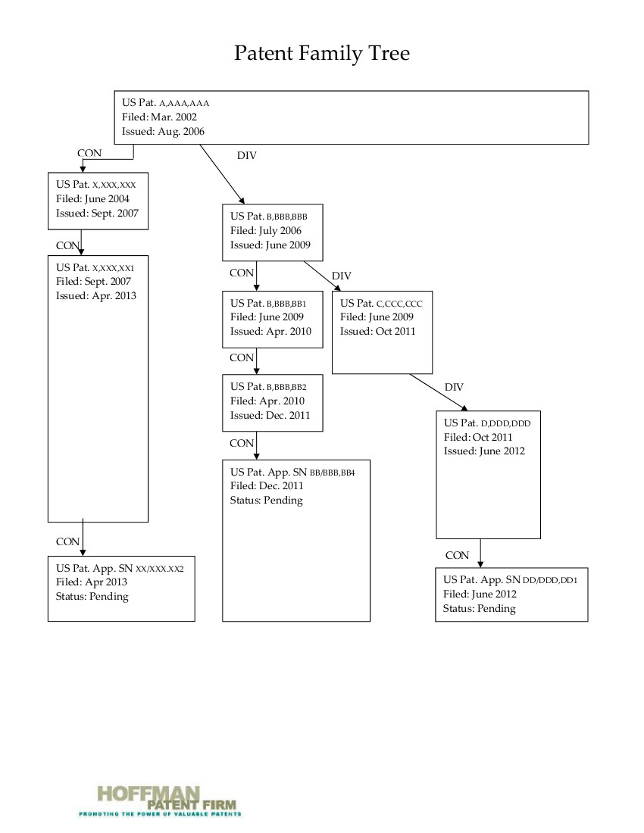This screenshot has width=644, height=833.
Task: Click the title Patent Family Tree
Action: coord(322,53)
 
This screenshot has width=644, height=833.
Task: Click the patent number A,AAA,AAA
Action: coord(185,103)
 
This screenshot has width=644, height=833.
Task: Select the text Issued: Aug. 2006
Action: coord(163,131)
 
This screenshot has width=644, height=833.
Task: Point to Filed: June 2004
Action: coord(92,198)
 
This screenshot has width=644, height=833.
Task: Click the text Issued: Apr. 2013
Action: coord(96,295)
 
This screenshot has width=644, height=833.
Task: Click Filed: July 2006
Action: coord(266,230)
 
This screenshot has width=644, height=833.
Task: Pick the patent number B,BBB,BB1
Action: coord(286,304)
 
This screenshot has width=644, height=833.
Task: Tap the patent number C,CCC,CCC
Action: coord(399,304)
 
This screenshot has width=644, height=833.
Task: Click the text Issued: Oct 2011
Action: coord(378,331)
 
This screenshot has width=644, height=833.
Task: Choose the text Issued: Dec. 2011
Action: coord(270,415)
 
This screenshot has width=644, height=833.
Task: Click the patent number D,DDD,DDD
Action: coord(505,424)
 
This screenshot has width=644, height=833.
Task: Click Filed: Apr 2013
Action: coord(92,582)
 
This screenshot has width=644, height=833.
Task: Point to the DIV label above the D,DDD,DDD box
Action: coord(454,387)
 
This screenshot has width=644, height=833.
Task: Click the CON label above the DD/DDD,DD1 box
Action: coord(457,555)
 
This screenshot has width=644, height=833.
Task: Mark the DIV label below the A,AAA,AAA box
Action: coord(247,156)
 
